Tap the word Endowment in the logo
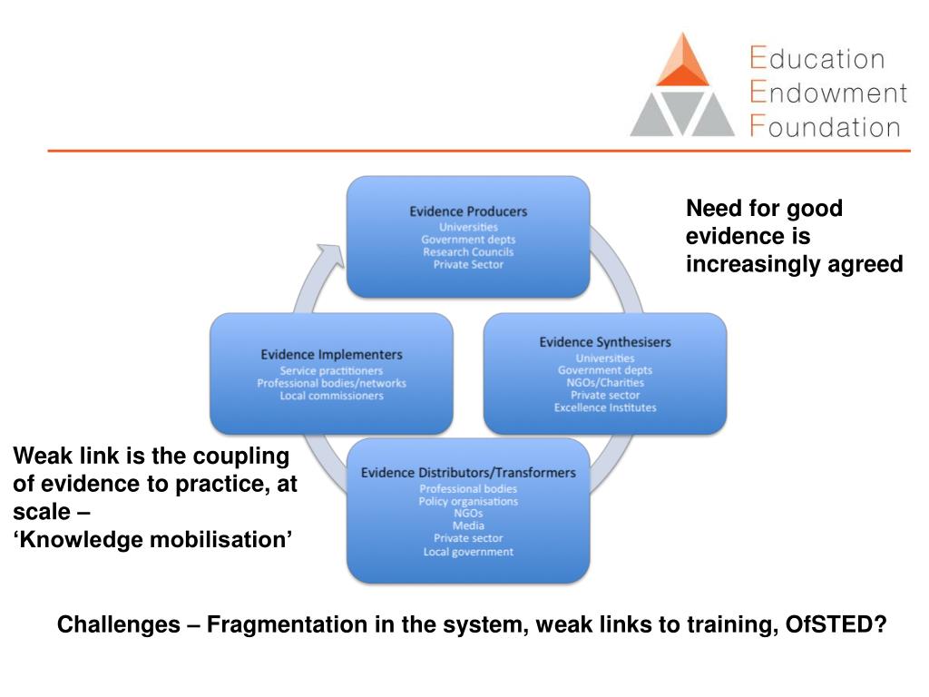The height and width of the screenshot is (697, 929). (827, 93)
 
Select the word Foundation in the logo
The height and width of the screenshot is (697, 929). (825, 126)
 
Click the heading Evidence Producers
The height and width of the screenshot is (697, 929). (468, 211)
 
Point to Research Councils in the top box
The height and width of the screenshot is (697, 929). (468, 252)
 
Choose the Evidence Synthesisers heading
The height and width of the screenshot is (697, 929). (605, 342)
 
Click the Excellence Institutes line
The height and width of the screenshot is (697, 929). (605, 407)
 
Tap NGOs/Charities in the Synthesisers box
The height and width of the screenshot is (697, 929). (605, 383)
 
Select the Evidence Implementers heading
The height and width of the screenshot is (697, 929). (331, 354)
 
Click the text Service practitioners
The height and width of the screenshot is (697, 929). (331, 371)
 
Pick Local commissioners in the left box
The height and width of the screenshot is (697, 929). (331, 396)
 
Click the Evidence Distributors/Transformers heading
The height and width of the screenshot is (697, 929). (468, 473)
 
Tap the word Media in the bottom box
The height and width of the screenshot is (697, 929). (468, 526)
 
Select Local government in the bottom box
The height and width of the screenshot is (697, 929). (468, 552)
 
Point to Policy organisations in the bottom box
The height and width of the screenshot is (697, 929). (468, 501)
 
